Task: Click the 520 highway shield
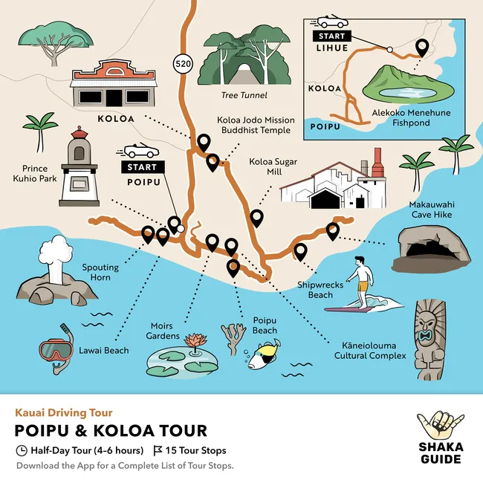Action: click(x=183, y=64)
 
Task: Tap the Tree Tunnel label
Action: click(x=244, y=95)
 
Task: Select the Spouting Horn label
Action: click(x=97, y=272)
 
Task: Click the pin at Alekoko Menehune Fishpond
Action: click(x=423, y=48)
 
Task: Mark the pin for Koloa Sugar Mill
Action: click(x=256, y=218)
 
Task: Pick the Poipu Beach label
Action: click(x=265, y=325)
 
